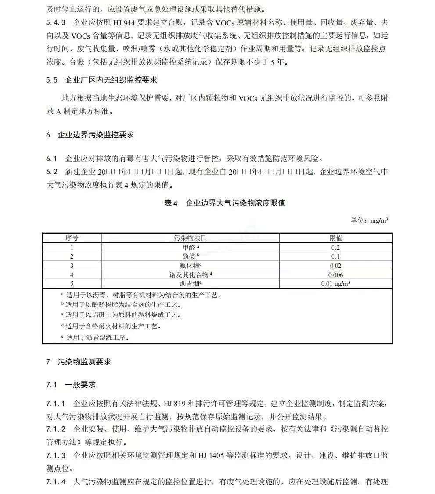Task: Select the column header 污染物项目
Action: click(x=190, y=238)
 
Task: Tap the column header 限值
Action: click(x=336, y=238)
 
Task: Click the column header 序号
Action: click(x=72, y=238)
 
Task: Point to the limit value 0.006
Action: click(x=336, y=275)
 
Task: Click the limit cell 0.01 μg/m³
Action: click(x=336, y=284)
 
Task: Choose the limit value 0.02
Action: click(x=336, y=266)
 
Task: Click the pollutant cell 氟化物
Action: click(x=190, y=266)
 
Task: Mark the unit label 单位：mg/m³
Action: click(x=369, y=220)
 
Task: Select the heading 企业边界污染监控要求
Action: click(x=95, y=135)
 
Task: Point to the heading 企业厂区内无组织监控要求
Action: click(x=111, y=80)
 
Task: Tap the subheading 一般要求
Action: click(x=80, y=385)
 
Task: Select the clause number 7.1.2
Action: click(x=56, y=429)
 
